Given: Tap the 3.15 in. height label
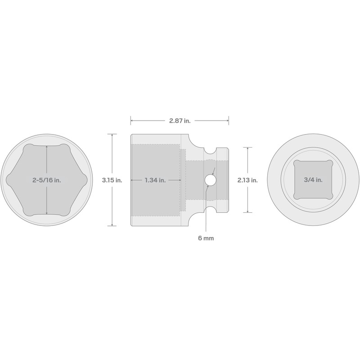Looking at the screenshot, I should point(112,180).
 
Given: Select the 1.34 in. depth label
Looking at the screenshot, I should point(155,180).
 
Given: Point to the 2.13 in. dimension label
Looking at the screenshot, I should point(247,180).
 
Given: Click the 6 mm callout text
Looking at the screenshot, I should point(206,238).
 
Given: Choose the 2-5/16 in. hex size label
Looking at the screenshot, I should point(46,180).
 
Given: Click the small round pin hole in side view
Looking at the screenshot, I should point(209,180).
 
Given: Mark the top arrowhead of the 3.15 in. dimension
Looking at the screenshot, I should point(112,135).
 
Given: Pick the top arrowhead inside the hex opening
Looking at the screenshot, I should point(46,147).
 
